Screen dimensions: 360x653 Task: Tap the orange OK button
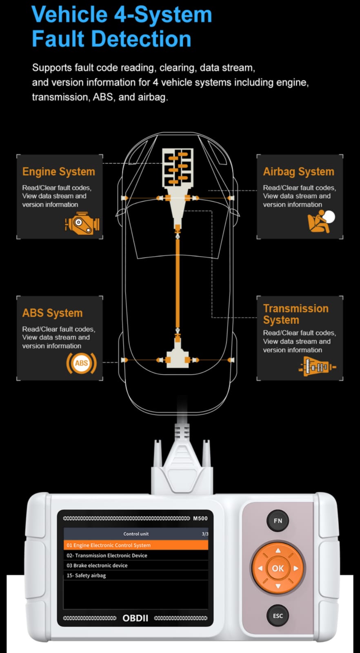(278, 568)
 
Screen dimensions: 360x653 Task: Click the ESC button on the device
(278, 616)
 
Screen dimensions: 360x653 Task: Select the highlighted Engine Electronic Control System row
(136, 545)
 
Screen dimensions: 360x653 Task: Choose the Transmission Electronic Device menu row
(136, 555)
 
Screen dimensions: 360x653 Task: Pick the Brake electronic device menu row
(136, 565)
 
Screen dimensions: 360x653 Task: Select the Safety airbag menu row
(136, 575)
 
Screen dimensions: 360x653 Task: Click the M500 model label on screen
(200, 518)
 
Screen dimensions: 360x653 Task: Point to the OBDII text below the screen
(135, 618)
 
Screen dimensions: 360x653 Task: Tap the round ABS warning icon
(81, 363)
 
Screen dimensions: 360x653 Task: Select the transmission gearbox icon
(317, 366)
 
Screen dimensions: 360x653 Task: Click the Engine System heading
(59, 171)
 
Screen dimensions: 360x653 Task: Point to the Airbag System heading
(298, 172)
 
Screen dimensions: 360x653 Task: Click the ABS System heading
(53, 313)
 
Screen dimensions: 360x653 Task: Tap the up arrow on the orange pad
(278, 551)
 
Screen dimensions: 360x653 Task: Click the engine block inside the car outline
(178, 168)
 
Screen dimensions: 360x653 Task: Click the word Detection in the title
(141, 39)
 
